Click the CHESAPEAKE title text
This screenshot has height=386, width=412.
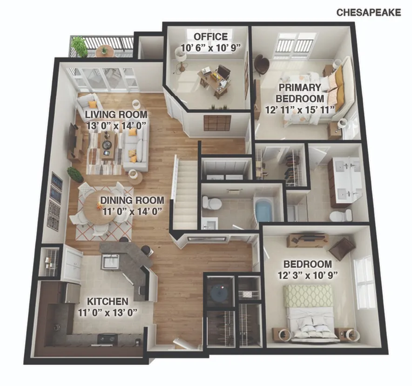pyautogui.click(x=369, y=13)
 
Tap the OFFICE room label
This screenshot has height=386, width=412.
pyautogui.click(x=211, y=36)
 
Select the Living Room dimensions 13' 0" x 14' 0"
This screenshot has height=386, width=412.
pyautogui.click(x=116, y=126)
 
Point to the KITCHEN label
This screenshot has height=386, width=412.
pyautogui.click(x=108, y=301)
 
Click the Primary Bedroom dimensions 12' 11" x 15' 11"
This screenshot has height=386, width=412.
pyautogui.click(x=300, y=110)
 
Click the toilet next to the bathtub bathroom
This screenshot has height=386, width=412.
pyautogui.click(x=212, y=203)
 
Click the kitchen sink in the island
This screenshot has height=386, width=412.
pyautogui.click(x=111, y=261)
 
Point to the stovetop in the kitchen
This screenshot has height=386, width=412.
pyautogui.click(x=108, y=338)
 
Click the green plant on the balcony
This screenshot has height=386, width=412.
pyautogui.click(x=79, y=46)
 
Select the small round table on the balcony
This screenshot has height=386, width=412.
pyautogui.click(x=105, y=51)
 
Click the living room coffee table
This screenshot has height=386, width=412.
pyautogui.click(x=108, y=145)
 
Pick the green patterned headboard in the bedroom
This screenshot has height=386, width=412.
pyautogui.click(x=308, y=296)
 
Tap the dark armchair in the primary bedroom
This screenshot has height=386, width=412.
pyautogui.click(x=262, y=64)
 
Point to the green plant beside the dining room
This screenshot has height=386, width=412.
pyautogui.click(x=75, y=174)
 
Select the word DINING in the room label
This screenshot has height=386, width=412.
pyautogui.click(x=115, y=200)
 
